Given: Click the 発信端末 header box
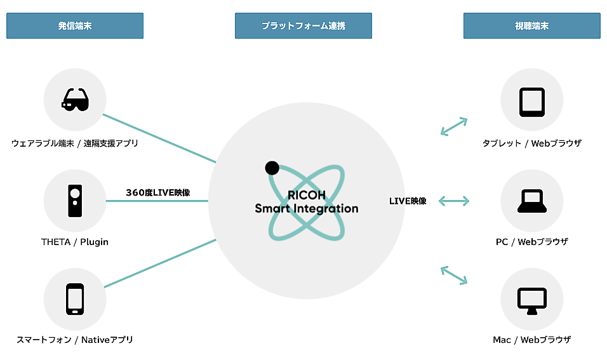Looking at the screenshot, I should (75, 26).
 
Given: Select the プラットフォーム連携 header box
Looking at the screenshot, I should (303, 26).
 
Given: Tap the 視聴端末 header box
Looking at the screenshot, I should (531, 26).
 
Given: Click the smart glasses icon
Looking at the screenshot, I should (75, 100).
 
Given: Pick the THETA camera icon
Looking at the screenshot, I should (75, 201).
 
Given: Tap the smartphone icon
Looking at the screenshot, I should (75, 298).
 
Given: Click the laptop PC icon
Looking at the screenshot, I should (531, 201).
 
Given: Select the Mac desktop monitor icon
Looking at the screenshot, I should (531, 300).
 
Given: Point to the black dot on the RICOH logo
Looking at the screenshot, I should (272, 168).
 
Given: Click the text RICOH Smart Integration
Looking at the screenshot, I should (306, 201).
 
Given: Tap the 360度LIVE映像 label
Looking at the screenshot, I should (158, 192).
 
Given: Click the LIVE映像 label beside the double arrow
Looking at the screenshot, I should (408, 201).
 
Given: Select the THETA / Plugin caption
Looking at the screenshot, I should (75, 242).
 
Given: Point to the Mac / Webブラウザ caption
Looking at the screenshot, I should (531, 340).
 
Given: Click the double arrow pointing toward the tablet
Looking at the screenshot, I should (454, 126).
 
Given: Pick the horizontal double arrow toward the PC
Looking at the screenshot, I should (454, 201).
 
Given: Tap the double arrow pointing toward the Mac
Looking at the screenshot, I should (454, 275).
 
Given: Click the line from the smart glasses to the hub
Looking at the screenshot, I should (159, 138).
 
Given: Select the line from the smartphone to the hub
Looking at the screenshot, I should (159, 263).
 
